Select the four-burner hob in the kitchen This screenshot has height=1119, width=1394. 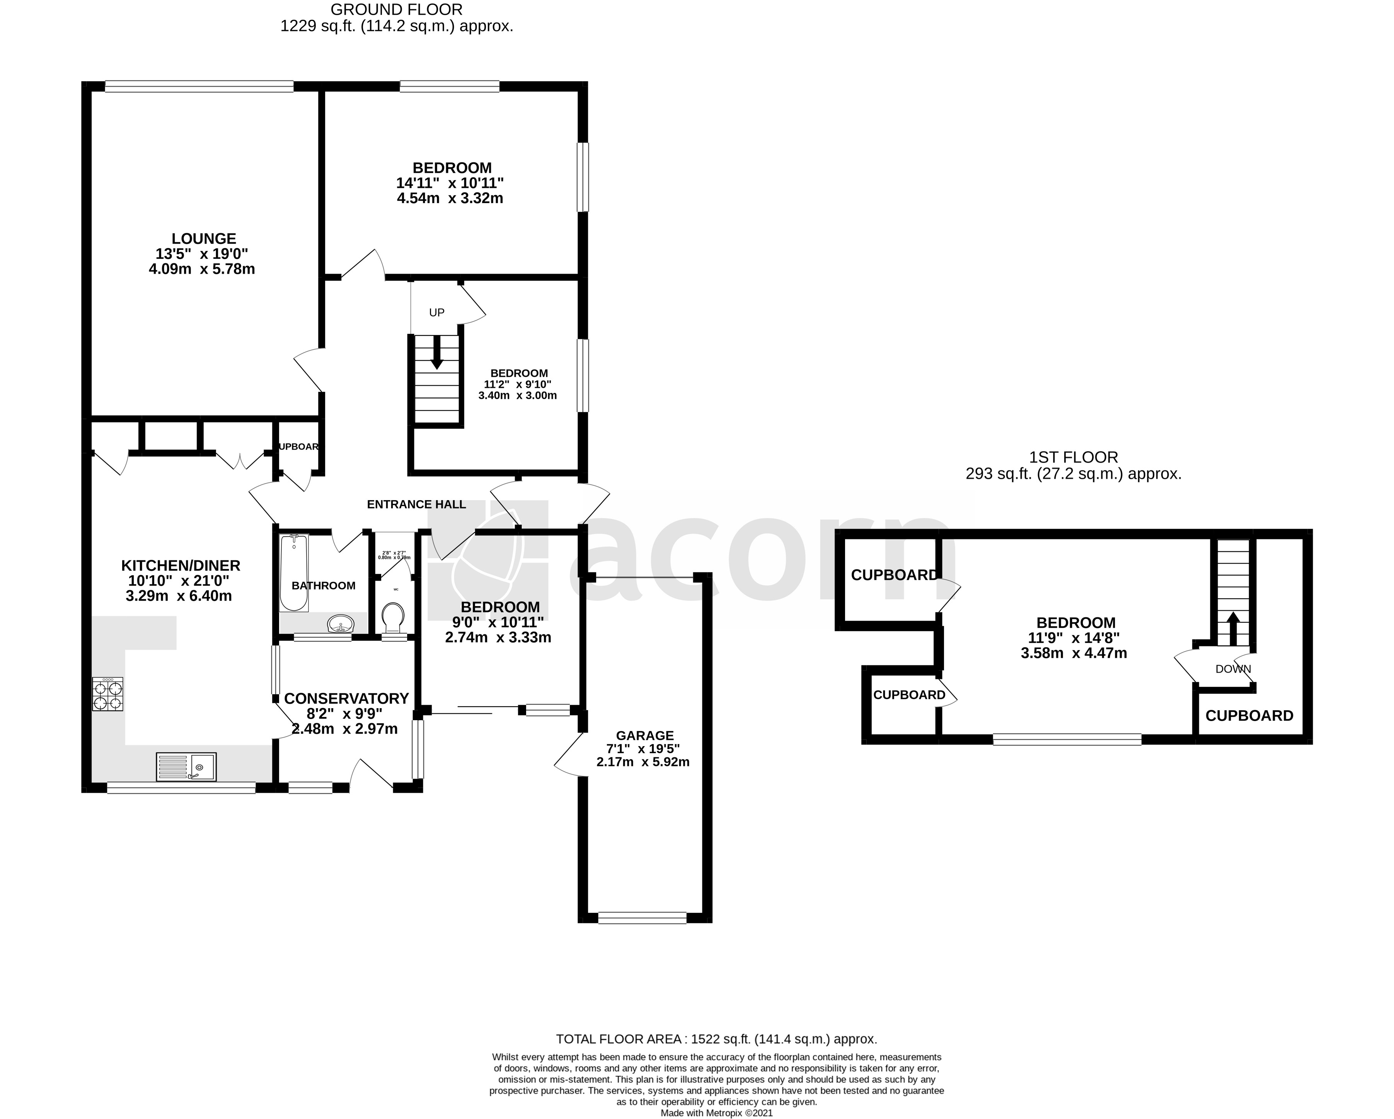(108, 695)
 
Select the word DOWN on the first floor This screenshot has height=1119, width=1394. (1233, 670)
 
